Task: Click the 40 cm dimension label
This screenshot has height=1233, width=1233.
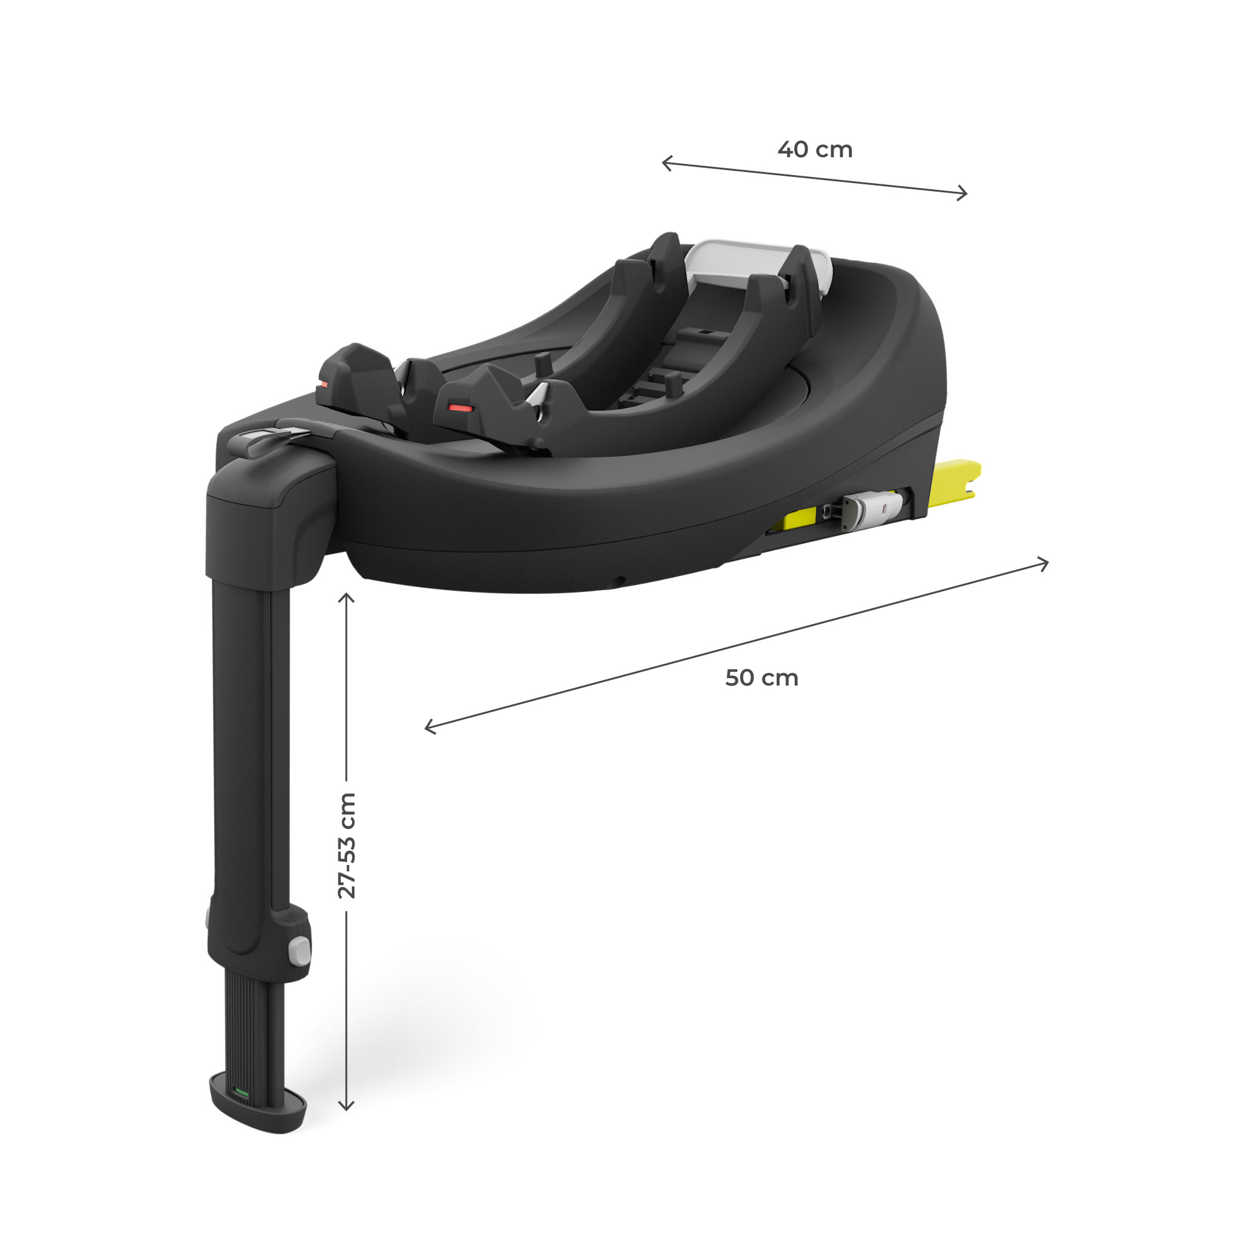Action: click(815, 149)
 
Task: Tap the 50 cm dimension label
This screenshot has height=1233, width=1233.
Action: click(761, 678)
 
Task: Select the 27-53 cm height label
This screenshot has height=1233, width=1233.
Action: click(346, 846)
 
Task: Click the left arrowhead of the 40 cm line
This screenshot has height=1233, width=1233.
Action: click(664, 163)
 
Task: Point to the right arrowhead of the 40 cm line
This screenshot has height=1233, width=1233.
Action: click(965, 193)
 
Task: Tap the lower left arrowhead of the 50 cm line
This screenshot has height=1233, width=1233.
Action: click(428, 727)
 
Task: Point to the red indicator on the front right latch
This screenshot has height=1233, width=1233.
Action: click(459, 406)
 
